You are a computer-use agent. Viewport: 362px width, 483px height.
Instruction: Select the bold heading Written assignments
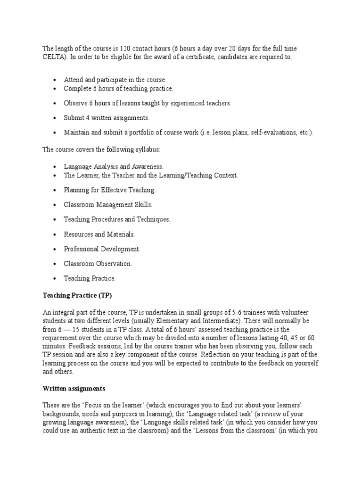point(74,389)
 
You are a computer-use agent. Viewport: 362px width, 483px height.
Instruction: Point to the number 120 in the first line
point(125,49)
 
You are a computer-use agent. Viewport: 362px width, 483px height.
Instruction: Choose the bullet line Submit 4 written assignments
point(107,117)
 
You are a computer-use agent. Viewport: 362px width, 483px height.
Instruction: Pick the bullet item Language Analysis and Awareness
point(114,167)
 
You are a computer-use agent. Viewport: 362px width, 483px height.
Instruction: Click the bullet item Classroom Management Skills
point(108,205)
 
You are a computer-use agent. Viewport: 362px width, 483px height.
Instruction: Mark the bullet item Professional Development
point(102,249)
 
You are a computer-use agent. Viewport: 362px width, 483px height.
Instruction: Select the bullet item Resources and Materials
point(99,234)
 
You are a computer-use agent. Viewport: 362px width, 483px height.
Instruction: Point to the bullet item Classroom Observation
point(98,263)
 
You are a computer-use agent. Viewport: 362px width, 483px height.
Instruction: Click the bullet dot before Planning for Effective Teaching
point(55,190)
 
